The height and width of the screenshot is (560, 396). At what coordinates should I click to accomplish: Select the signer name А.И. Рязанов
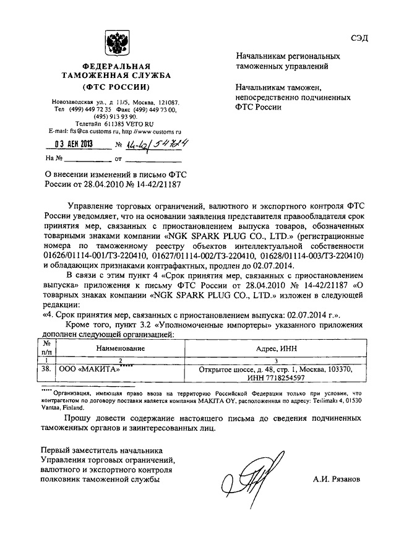pos(336,479)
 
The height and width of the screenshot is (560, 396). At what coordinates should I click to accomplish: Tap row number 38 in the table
pos(45,369)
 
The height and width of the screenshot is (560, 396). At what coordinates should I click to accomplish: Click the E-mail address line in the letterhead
pos(116,132)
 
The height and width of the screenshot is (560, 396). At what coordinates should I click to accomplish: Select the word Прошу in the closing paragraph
pos(80,418)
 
